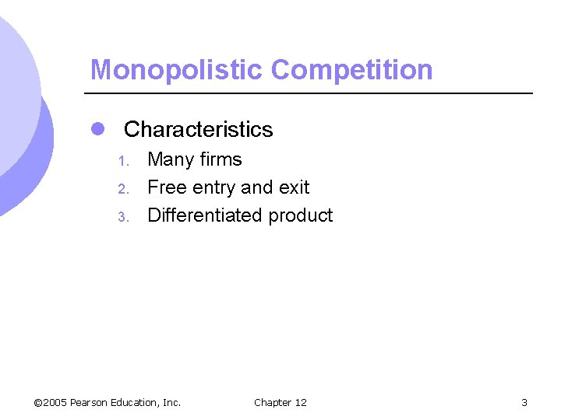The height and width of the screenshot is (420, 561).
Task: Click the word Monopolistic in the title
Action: (x=177, y=70)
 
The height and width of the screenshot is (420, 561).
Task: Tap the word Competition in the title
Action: (x=351, y=70)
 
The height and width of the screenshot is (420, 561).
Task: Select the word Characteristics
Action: (x=198, y=129)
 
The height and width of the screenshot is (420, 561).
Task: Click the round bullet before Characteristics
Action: (x=97, y=129)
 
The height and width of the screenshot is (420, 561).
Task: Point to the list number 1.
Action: (x=122, y=162)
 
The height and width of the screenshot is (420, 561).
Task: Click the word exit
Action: (x=293, y=187)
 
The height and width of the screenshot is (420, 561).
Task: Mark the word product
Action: (x=300, y=216)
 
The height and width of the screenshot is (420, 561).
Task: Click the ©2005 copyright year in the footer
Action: (x=51, y=402)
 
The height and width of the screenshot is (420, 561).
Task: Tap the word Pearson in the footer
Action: (x=90, y=402)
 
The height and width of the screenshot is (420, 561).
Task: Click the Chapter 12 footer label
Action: (x=280, y=402)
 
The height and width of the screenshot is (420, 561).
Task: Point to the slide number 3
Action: (x=524, y=402)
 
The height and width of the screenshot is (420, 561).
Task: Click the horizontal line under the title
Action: (x=312, y=93)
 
